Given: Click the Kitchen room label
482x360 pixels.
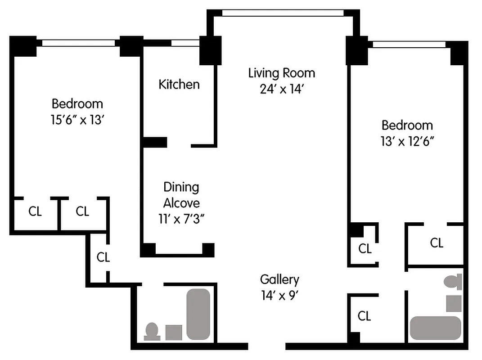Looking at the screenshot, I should pos(179,84).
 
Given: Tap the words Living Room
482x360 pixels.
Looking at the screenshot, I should pos(281,73).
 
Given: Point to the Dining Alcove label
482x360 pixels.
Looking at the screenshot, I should pos(181,195).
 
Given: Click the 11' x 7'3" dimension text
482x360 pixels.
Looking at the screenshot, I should pos(181,219).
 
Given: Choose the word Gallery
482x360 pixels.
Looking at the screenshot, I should pos(279,279).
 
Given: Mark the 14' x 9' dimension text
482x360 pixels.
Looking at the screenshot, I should pos(279,296).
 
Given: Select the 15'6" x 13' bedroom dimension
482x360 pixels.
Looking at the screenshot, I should pos(77,120).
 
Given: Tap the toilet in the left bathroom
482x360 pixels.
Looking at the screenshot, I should pos(152,331).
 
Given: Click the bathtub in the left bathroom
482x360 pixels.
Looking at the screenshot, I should pos(198,314).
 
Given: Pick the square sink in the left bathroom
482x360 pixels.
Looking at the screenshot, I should pos(174,333).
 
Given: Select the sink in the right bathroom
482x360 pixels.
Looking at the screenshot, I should pos(454,303).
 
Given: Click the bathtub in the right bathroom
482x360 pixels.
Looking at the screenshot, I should pos(436,328).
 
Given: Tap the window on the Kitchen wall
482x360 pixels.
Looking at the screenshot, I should pos(185,43).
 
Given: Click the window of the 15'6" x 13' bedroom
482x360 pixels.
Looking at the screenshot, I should pos(78,43).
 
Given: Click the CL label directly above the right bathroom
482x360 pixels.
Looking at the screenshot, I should pos(437,243).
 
